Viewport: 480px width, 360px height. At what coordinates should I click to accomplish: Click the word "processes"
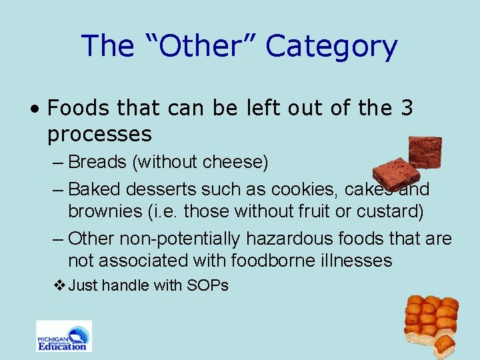pos(99,134)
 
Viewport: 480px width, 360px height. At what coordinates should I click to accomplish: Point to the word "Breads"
pos(97,162)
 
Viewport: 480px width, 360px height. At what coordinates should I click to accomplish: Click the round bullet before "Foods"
pos(39,109)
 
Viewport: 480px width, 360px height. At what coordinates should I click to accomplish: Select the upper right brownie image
pos(425,152)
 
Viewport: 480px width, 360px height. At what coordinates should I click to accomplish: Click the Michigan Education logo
pos(63,336)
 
